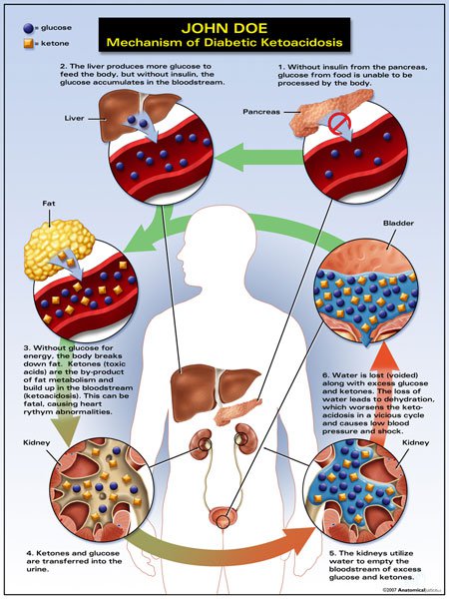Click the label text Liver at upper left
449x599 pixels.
pos(74,118)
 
